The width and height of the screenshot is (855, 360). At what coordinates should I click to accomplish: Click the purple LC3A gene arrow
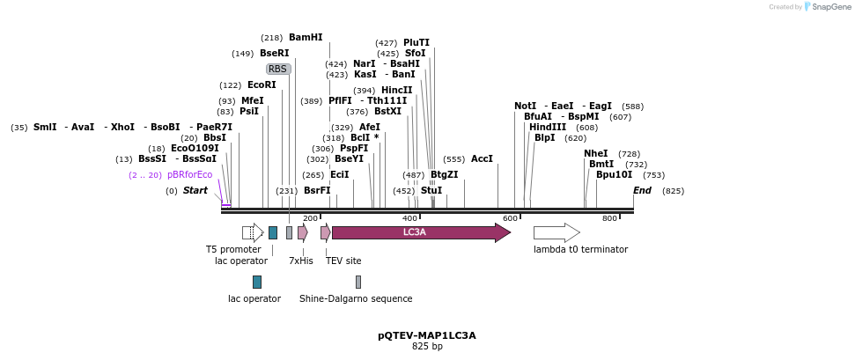point(420,232)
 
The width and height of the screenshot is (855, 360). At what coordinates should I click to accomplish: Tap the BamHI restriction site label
point(306,38)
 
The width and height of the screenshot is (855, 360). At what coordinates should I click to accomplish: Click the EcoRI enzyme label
point(262,85)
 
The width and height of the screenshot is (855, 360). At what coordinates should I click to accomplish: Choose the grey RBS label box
point(278,69)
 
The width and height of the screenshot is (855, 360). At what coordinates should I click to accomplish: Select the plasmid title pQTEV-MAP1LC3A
point(427,335)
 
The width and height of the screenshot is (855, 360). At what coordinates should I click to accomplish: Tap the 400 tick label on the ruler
point(410,218)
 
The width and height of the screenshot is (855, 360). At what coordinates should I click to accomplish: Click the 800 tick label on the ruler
point(609,218)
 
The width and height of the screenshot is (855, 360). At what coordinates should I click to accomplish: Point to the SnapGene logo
point(815,7)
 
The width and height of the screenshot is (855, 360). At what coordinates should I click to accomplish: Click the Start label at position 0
point(195,191)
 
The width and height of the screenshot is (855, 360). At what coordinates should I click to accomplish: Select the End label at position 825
point(642,191)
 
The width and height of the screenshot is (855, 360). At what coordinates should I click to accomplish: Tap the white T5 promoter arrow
point(253,232)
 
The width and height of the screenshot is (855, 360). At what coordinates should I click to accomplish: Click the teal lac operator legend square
point(257,282)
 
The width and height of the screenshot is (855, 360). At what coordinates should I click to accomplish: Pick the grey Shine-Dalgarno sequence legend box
point(358,282)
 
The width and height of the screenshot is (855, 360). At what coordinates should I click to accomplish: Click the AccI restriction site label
point(482,159)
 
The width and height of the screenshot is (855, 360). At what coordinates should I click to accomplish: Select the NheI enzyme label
point(595,154)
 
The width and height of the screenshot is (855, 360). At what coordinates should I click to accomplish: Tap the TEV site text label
point(343,261)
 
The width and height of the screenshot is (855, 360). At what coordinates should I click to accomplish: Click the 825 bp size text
point(427,347)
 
